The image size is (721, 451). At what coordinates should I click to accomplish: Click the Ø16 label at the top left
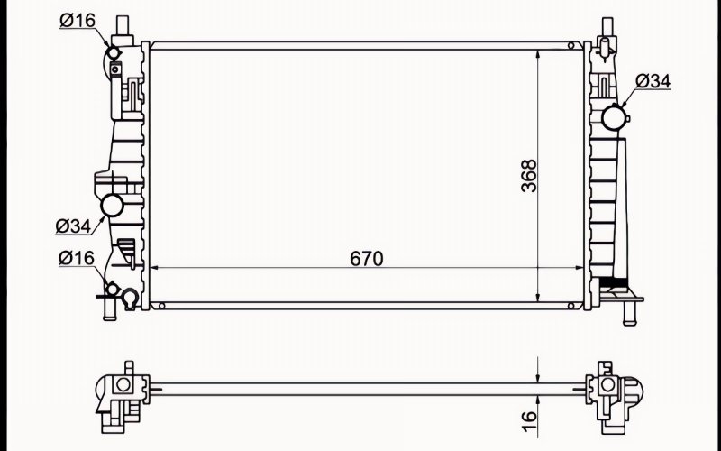(78, 20)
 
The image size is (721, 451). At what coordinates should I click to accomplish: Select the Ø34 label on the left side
(74, 226)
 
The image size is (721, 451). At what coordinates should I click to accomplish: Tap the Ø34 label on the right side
(653, 81)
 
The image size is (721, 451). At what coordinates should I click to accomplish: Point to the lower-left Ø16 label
(77, 258)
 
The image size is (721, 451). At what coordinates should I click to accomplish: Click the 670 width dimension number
(367, 259)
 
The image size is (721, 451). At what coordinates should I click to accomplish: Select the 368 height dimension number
(529, 175)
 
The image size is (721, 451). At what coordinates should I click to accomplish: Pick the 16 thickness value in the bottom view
(530, 421)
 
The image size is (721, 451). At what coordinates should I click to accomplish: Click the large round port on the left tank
(112, 206)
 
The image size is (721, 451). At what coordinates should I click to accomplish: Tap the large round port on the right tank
(614, 117)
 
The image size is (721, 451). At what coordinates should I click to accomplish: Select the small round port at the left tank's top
(114, 53)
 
